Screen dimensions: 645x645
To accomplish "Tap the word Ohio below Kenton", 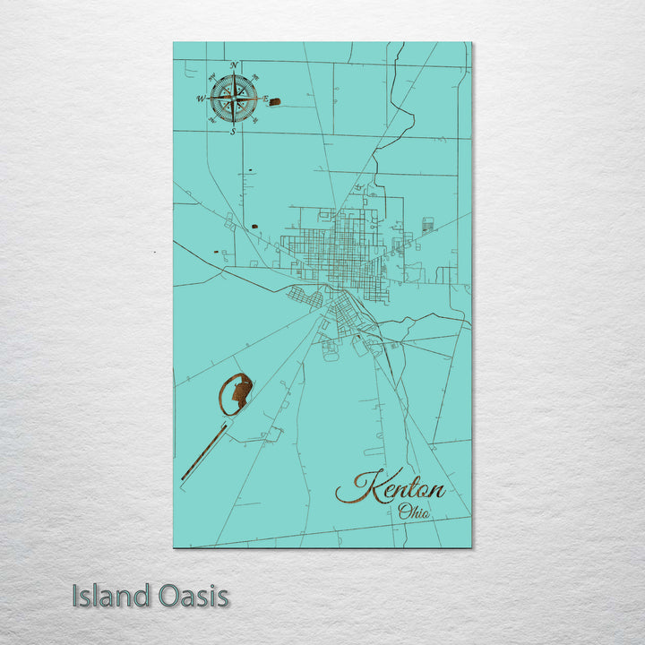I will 414,512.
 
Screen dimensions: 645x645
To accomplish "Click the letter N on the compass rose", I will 234,65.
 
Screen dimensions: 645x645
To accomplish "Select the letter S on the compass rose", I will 233,132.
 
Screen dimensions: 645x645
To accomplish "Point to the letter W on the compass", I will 201,99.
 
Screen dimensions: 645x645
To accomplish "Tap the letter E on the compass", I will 265,98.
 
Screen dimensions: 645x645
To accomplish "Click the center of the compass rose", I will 233,99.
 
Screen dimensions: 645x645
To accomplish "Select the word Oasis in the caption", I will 190,596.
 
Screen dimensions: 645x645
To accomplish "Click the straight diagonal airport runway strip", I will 204,453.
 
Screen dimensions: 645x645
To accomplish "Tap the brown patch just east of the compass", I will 275,102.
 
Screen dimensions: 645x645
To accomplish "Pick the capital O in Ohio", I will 405,512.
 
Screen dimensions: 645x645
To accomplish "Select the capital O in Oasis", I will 162,596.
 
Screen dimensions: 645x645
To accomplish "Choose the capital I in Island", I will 77,596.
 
